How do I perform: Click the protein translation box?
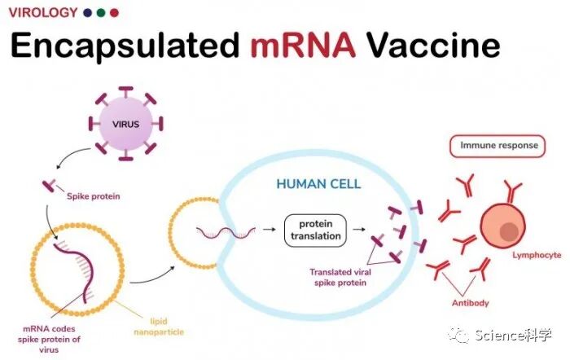pos(314,230)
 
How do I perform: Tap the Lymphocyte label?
pos(536,255)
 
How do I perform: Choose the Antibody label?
pos(470,304)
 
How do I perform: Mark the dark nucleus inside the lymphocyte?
pos(509,232)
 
